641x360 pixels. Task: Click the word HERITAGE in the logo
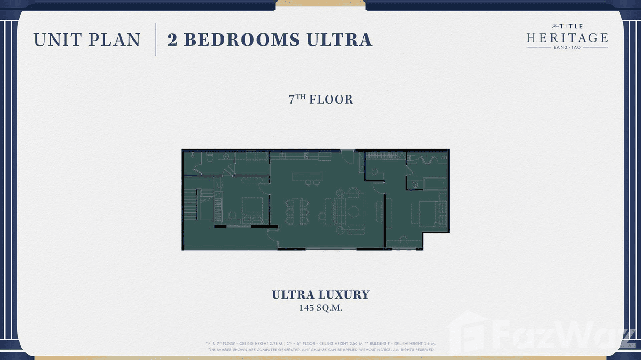(567, 38)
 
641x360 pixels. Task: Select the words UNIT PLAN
(87, 40)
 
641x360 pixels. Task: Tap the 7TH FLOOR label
(320, 100)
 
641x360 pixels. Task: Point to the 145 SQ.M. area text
(320, 308)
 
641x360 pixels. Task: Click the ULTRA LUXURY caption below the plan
(320, 295)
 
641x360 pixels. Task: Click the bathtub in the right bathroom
(434, 183)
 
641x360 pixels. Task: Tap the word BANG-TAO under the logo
(567, 48)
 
